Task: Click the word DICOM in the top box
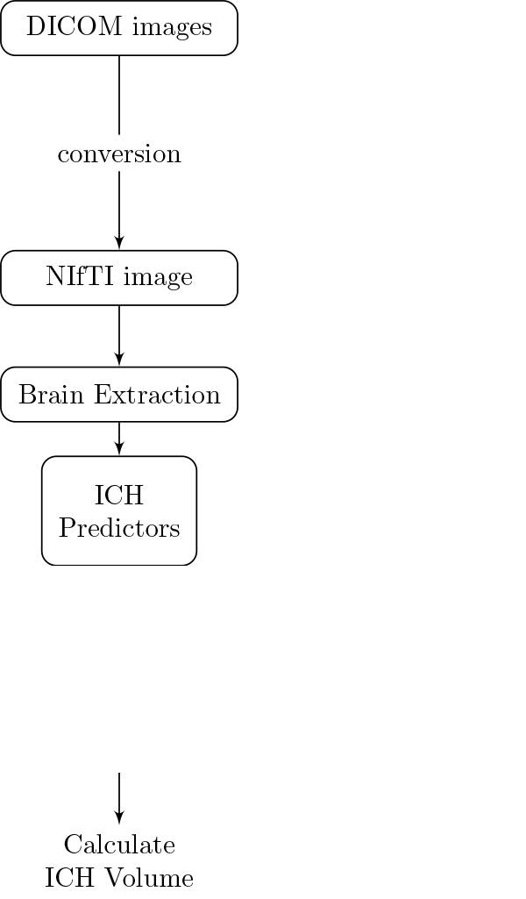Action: (x=74, y=26)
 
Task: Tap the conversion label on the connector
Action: (x=119, y=154)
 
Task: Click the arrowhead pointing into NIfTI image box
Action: (x=119, y=243)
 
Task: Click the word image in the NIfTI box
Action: (x=158, y=279)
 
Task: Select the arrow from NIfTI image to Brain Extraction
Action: (x=119, y=336)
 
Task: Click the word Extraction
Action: (x=157, y=395)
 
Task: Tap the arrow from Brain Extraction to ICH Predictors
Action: (x=119, y=439)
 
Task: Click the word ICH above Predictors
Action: (x=119, y=496)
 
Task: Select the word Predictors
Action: (x=119, y=528)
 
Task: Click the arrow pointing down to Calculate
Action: (x=119, y=798)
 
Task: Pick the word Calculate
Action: (x=119, y=845)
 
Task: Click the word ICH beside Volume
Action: (x=69, y=878)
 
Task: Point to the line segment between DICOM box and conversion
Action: (x=119, y=96)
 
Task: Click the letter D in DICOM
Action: (x=36, y=26)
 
